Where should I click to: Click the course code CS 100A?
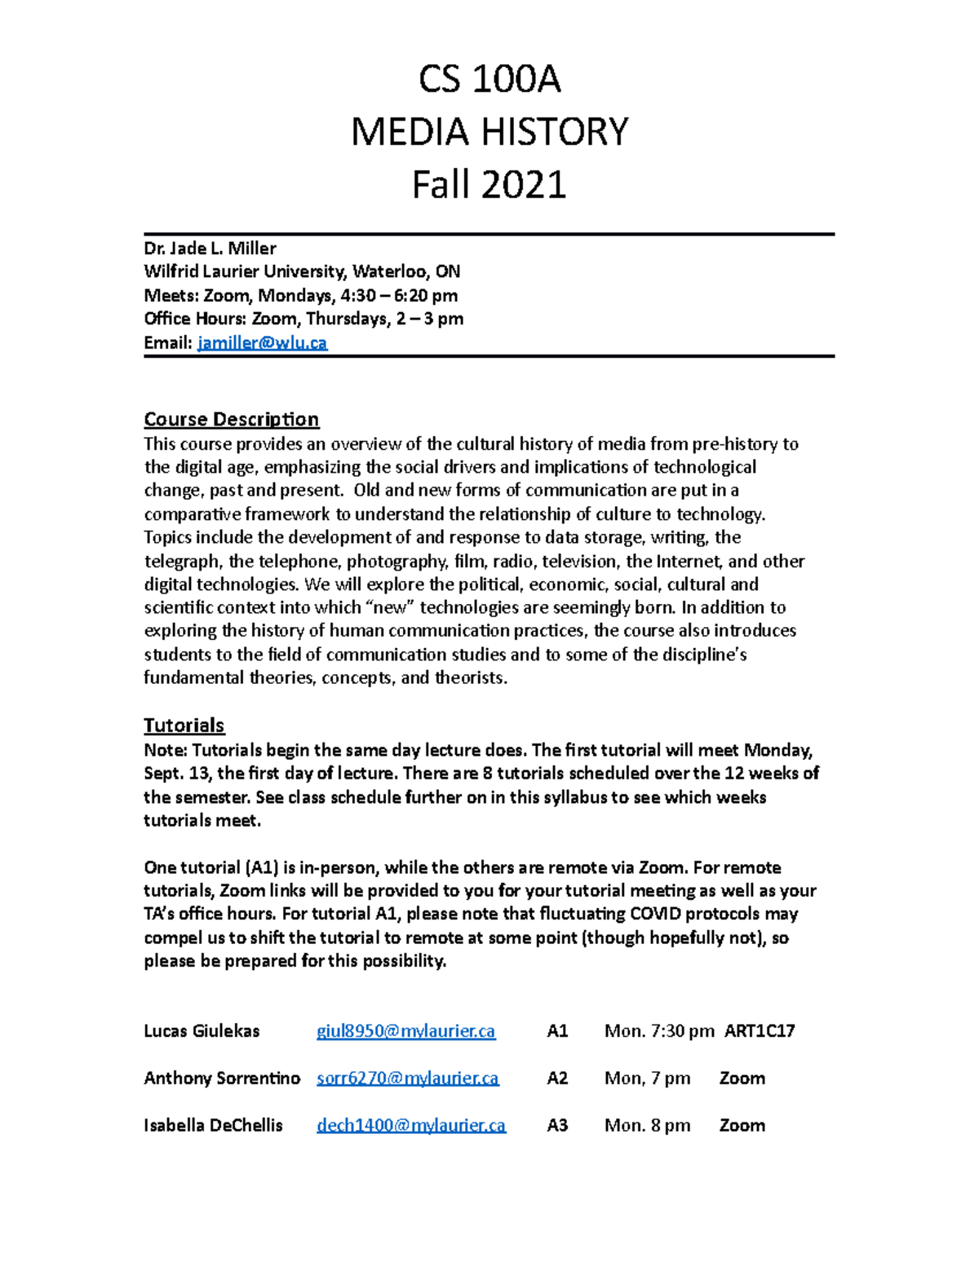(x=489, y=80)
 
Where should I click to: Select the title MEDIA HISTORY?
(x=489, y=132)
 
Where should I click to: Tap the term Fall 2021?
(x=489, y=184)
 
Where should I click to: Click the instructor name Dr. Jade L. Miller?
(x=210, y=248)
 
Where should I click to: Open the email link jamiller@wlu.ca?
(x=262, y=342)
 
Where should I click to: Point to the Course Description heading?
(x=231, y=419)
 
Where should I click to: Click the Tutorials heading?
(x=184, y=725)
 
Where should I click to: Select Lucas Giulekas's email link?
(x=405, y=1030)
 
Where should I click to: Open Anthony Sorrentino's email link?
(x=407, y=1078)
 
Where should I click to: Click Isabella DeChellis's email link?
(x=410, y=1125)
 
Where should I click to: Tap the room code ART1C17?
(x=760, y=1030)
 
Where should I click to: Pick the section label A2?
(x=556, y=1078)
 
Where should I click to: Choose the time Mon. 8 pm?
(x=647, y=1125)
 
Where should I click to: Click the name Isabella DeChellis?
(x=213, y=1125)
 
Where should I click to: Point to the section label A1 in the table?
(x=556, y=1030)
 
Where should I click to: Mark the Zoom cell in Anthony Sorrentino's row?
(x=742, y=1078)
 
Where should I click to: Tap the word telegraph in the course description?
(x=182, y=561)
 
